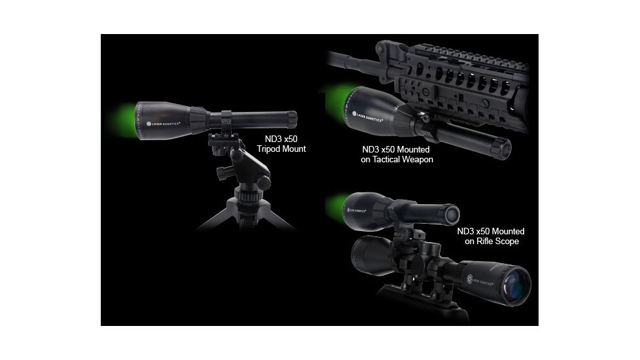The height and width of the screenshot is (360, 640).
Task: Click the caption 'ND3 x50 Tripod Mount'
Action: pyautogui.click(x=282, y=144)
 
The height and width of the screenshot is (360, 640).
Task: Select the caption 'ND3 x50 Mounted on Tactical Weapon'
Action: pyautogui.click(x=397, y=154)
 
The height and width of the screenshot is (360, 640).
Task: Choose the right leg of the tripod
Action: pyautogui.click(x=278, y=219)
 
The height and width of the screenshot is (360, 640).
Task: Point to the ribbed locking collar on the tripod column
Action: pyautogui.click(x=248, y=196)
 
